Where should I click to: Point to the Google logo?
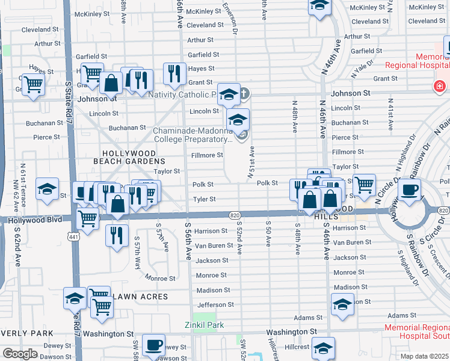[x=20, y=354]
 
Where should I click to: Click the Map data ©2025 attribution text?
[x=425, y=356]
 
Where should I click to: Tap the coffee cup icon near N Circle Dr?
[x=410, y=191]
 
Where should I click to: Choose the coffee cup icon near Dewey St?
[x=153, y=345]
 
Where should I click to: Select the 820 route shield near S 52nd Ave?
[x=235, y=215]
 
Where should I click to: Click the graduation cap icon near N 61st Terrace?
[x=48, y=189]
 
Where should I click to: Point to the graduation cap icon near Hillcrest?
[x=324, y=348]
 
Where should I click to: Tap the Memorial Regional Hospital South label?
[x=417, y=332]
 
